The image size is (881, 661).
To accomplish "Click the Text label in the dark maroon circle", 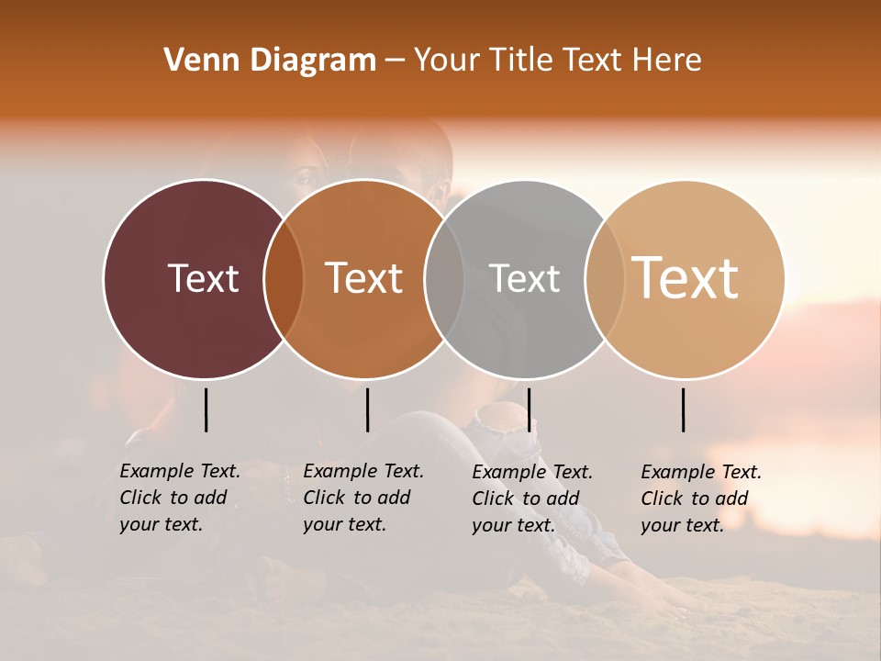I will [x=203, y=278].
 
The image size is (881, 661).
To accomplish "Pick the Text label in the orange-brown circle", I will [x=364, y=278].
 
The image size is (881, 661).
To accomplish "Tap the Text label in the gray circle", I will [x=524, y=278].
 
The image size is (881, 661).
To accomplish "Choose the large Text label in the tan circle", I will [x=686, y=278].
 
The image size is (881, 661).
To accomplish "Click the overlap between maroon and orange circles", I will [x=284, y=279].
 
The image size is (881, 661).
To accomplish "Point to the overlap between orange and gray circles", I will [x=444, y=279].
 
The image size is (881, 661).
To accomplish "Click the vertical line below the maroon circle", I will [x=206, y=409].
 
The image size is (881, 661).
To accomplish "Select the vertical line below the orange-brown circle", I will [x=367, y=409].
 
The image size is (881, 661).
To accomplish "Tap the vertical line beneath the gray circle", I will [x=529, y=409].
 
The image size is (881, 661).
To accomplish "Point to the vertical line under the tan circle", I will [x=683, y=409].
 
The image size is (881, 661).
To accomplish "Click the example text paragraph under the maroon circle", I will [x=180, y=498].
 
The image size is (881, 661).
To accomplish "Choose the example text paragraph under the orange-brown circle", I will [x=363, y=498].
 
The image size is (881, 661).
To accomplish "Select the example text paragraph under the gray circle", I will [x=532, y=499].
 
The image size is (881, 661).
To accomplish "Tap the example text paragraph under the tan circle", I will [x=701, y=499].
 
